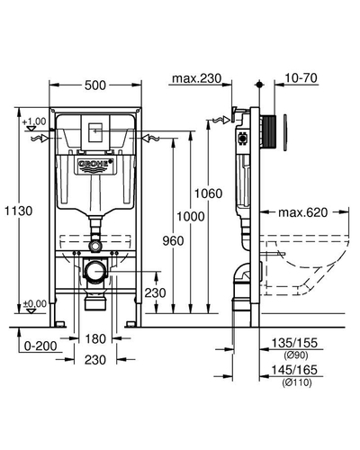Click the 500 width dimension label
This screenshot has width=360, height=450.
pyautogui.click(x=95, y=85)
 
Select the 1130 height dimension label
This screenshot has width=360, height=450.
pyautogui.click(x=19, y=211)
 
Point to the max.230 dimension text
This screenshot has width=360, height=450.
pyautogui.click(x=196, y=78)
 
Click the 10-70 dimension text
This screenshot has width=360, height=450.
pyautogui.click(x=301, y=78)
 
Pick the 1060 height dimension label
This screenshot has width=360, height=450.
pyautogui.click(x=209, y=193)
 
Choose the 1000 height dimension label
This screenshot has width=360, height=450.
pyautogui.click(x=190, y=216)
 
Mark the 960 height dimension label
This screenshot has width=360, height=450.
pyautogui.click(x=173, y=240)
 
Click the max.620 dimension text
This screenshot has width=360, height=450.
pyautogui.click(x=303, y=212)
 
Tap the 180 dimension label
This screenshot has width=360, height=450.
pyautogui.click(x=95, y=339)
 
